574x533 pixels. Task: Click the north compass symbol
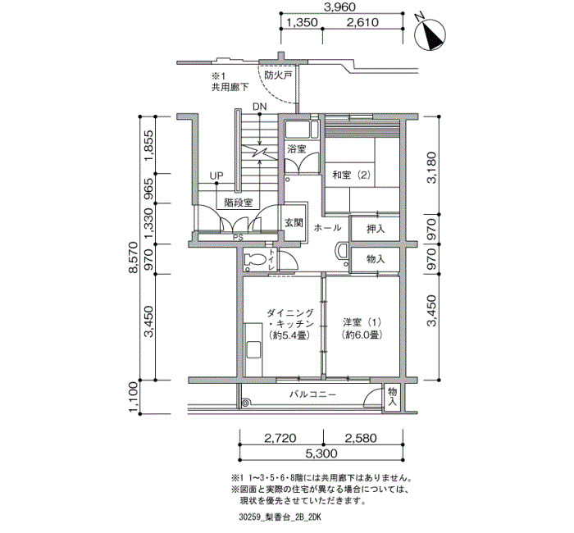point(430,34)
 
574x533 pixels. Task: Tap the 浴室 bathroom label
point(297,149)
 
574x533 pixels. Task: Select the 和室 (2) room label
point(351,175)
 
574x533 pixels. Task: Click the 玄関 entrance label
point(294,222)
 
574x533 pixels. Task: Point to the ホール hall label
point(328,228)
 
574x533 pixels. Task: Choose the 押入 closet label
point(376,229)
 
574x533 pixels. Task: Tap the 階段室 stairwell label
point(239,203)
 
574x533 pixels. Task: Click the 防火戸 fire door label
point(278,75)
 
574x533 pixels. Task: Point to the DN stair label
point(260,107)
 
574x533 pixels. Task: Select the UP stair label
point(216,175)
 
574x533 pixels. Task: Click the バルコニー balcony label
point(312,394)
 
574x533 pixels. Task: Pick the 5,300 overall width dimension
point(321,453)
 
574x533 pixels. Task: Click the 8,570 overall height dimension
point(133,257)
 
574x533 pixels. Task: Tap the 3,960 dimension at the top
point(340,7)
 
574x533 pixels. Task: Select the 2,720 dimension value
point(280,438)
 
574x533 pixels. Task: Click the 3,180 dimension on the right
point(432,167)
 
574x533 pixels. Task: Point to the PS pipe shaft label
point(238,237)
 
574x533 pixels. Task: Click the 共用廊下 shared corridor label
point(230,87)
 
